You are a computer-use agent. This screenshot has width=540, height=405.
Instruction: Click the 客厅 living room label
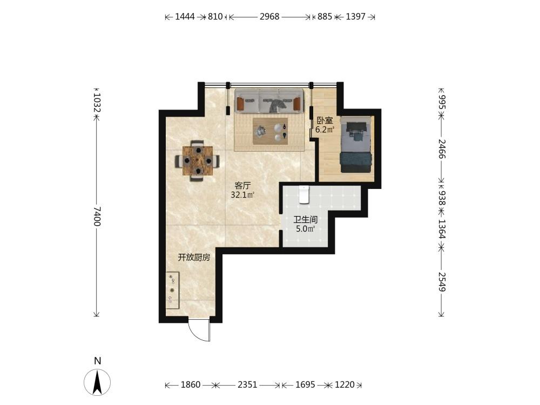pos(242,186)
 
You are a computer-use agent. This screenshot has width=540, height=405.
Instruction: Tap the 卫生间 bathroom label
pos(305,219)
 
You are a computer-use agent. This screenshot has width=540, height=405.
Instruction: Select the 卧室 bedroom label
pos(325,120)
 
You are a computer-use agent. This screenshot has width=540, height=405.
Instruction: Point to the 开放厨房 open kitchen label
pos(194,257)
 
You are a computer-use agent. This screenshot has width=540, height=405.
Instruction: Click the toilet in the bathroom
pos(303,194)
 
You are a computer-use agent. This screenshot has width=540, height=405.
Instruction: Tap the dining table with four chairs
pos(198,160)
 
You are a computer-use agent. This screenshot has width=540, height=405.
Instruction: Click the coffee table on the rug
pos(271,131)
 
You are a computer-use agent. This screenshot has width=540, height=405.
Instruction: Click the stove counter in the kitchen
pos(173,291)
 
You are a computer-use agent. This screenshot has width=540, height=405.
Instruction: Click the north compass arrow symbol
pos(97,382)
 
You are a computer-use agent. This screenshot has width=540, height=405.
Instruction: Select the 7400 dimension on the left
pos(97,217)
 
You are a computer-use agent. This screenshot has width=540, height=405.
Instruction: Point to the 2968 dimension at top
pos(269,17)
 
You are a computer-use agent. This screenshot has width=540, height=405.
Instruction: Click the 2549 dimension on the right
pos(442,282)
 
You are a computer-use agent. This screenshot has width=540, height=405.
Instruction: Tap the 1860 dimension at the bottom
pos(191,384)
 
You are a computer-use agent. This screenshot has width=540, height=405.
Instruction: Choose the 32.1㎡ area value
pos(242,195)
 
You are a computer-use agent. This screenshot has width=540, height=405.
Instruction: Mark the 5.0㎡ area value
pos(306,228)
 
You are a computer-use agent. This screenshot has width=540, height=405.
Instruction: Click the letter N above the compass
pos(98,361)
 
